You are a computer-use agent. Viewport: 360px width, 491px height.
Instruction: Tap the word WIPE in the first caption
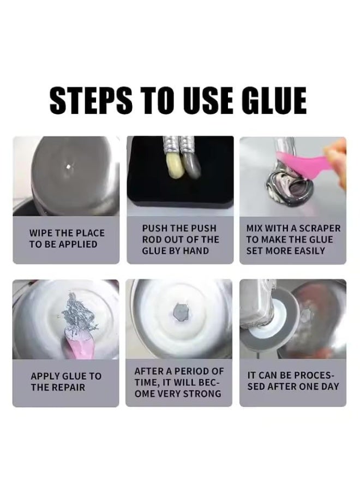tap(41, 233)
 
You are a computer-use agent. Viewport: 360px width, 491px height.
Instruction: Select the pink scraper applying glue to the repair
tap(77, 343)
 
